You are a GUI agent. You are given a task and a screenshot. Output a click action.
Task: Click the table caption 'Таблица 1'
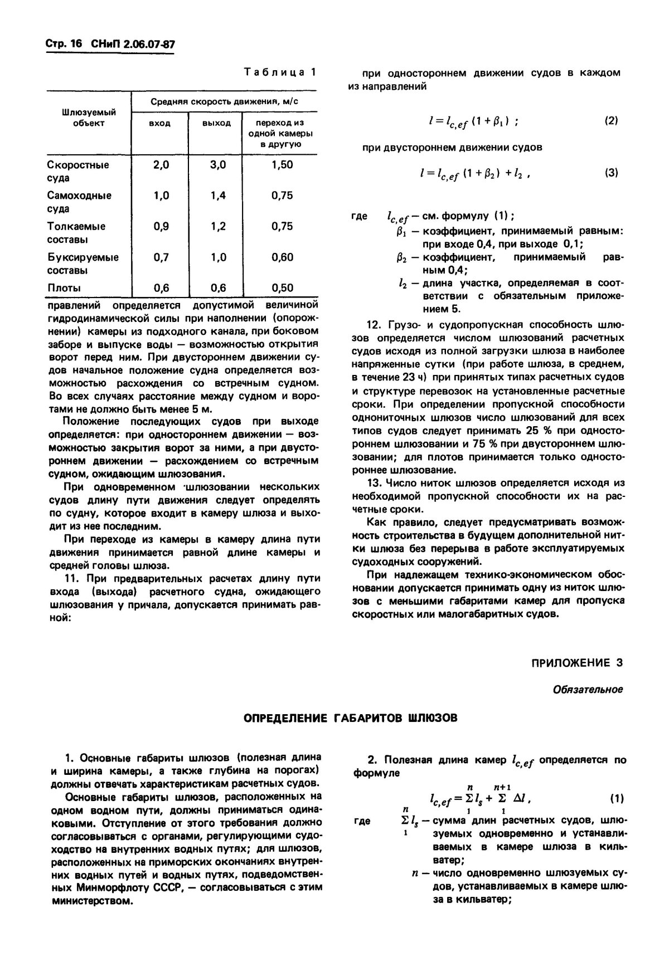(x=280, y=72)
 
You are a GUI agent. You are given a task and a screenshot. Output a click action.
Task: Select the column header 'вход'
(x=159, y=123)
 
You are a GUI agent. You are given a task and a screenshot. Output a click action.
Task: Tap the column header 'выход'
(x=215, y=123)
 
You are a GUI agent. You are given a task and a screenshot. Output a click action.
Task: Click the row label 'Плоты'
(x=64, y=288)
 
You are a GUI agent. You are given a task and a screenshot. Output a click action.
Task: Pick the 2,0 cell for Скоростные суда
(x=161, y=165)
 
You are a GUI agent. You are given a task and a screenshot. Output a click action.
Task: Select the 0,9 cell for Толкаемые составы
(x=161, y=226)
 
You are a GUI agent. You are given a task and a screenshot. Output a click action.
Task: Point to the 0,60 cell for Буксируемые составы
(x=282, y=257)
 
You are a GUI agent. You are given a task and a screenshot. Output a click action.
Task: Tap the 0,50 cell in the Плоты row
(x=282, y=288)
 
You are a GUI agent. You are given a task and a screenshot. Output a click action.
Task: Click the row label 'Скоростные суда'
(x=78, y=172)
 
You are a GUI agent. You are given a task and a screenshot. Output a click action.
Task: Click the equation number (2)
(x=611, y=120)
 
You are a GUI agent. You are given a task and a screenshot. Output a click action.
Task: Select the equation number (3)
(x=611, y=173)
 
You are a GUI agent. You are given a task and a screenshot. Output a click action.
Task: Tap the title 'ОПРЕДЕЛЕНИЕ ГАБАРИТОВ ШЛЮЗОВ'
(x=351, y=718)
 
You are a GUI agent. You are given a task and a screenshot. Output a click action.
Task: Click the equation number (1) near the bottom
(x=616, y=798)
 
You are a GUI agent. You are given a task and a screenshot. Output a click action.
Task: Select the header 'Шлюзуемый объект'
(x=88, y=118)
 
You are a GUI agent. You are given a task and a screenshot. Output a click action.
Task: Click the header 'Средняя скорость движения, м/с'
(x=224, y=101)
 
